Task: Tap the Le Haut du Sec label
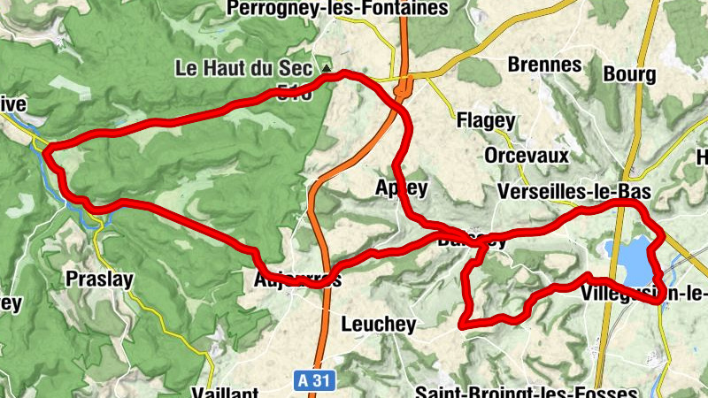click(x=243, y=67)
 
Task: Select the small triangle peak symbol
click(x=327, y=67)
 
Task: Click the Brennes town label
click(x=544, y=65)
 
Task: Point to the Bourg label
click(x=629, y=73)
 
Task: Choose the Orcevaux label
click(x=526, y=156)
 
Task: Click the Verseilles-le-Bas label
click(x=574, y=192)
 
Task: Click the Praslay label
click(x=100, y=280)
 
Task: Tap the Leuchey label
click(x=378, y=325)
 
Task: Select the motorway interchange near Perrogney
click(x=403, y=88)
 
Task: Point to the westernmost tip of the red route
click(x=43, y=148)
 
